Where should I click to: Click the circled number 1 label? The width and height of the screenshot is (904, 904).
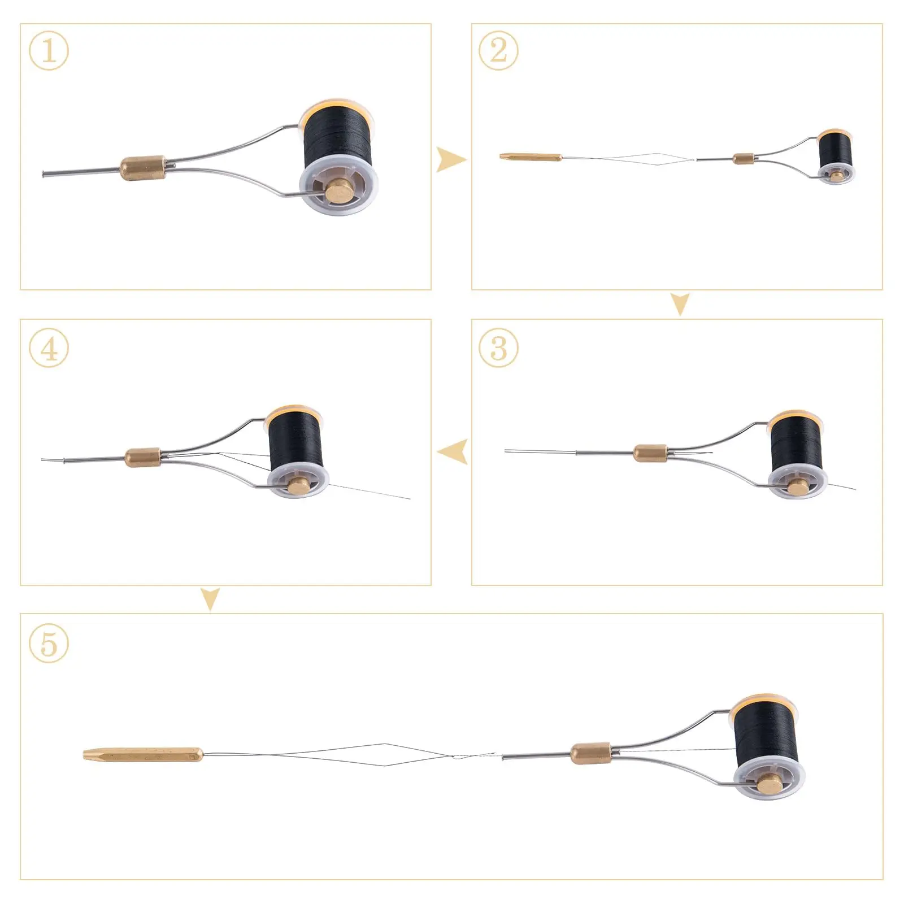click(49, 51)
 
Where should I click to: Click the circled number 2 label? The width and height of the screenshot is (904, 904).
click(498, 51)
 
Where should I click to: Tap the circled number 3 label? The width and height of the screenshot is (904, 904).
click(498, 347)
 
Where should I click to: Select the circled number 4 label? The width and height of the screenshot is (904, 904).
click(49, 347)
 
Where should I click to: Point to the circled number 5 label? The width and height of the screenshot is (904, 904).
click(49, 643)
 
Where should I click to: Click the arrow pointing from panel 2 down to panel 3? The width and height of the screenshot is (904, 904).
click(680, 304)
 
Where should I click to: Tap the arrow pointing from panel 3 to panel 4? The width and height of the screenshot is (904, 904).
click(453, 451)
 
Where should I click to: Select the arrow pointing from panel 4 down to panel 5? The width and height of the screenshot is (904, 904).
click(210, 599)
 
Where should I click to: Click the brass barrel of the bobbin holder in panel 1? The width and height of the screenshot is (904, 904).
click(143, 168)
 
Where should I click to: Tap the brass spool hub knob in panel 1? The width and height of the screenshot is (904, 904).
click(337, 192)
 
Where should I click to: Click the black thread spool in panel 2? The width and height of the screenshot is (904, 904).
click(835, 148)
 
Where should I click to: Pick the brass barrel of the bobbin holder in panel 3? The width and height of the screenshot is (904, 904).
click(650, 453)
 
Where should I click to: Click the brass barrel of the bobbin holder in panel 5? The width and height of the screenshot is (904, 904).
click(590, 753)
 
